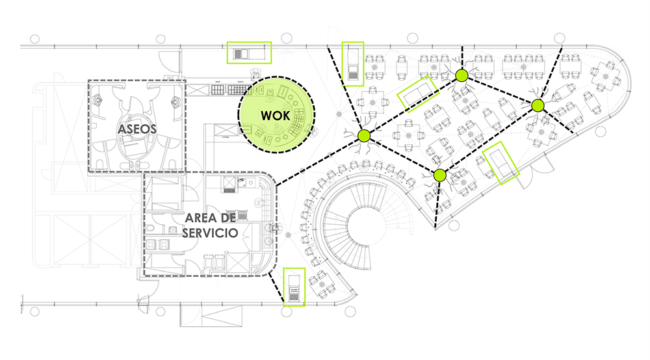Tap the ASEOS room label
137,129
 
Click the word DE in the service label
231,217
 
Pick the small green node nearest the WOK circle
363,135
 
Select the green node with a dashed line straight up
461,75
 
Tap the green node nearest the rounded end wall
537,105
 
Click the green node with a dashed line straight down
439,174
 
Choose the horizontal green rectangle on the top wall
248,53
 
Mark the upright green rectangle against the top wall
353,64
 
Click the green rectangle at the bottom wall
295,287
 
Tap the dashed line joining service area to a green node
318,161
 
